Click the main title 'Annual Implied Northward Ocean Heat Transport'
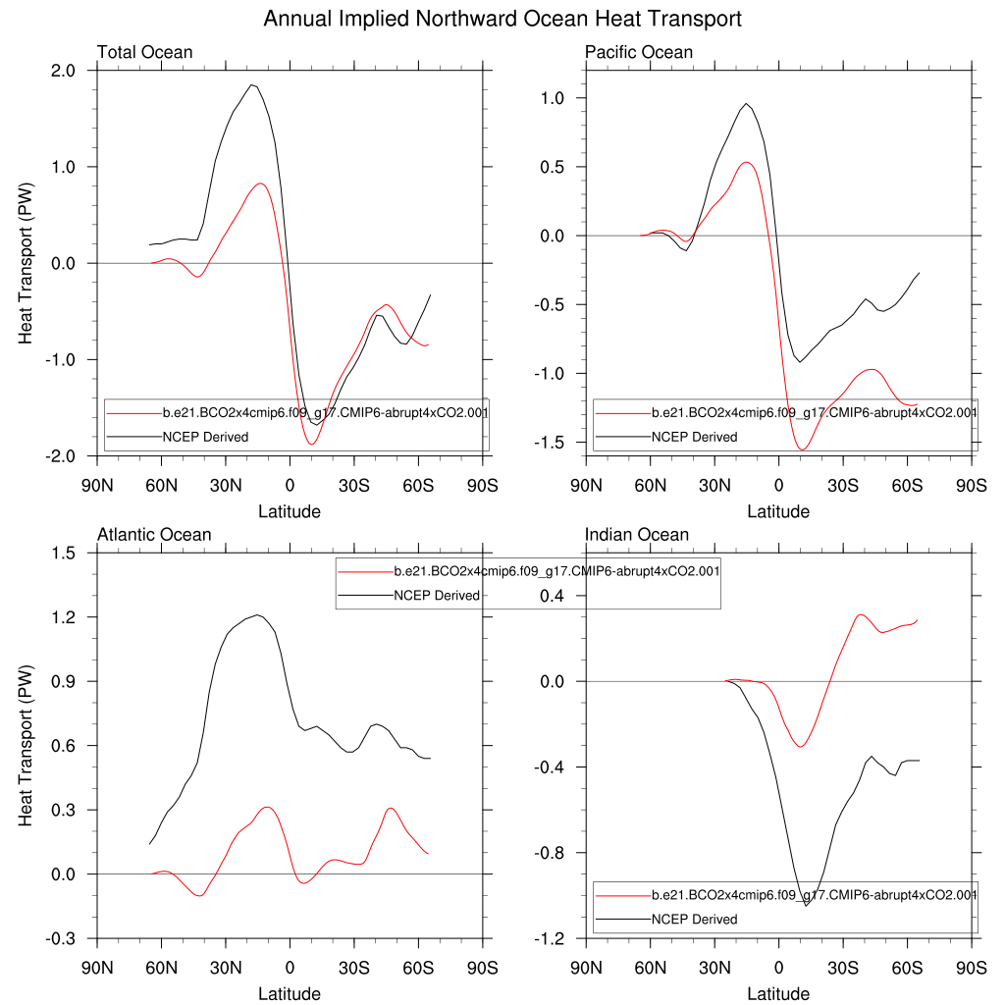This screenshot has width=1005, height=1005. click(x=502, y=19)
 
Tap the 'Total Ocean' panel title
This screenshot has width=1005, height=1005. click(x=144, y=52)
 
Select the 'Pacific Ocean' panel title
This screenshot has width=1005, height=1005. click(x=638, y=52)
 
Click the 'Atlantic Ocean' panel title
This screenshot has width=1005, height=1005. click(x=154, y=535)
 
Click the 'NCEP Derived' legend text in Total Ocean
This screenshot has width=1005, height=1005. click(x=205, y=437)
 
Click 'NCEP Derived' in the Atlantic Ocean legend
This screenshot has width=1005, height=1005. click(x=437, y=596)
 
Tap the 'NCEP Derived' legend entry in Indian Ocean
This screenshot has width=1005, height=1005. click(x=694, y=920)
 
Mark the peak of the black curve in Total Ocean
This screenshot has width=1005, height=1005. click(x=252, y=85)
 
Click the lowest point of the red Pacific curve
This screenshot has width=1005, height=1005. click(x=803, y=450)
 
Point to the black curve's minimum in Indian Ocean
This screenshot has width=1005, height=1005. click(x=806, y=905)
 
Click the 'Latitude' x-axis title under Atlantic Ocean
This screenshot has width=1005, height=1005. click(x=289, y=994)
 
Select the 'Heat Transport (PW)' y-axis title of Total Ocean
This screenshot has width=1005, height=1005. click(x=26, y=263)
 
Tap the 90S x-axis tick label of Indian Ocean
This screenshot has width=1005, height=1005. click(x=972, y=965)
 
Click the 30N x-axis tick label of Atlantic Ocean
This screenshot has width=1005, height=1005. click(x=225, y=965)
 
